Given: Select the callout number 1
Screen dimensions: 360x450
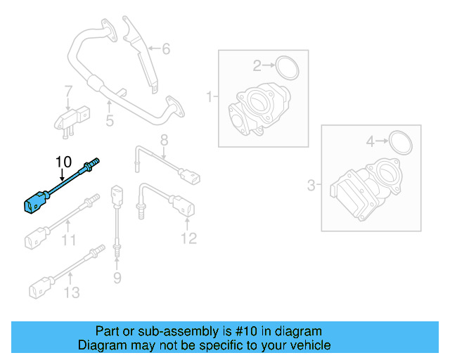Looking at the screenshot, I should tap(209, 96).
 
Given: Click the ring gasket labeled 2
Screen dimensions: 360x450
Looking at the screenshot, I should tap(287, 68).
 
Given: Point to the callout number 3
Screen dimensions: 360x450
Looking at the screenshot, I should tap(311, 186).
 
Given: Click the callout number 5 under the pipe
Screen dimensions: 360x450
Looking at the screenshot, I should tap(109, 121).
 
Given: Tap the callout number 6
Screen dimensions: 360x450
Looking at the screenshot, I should tap(166, 49).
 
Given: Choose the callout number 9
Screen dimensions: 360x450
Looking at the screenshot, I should tap(117, 278).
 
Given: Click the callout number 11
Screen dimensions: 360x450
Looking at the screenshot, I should tap(67, 240).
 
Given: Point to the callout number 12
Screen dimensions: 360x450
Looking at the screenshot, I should tap(188, 239).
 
